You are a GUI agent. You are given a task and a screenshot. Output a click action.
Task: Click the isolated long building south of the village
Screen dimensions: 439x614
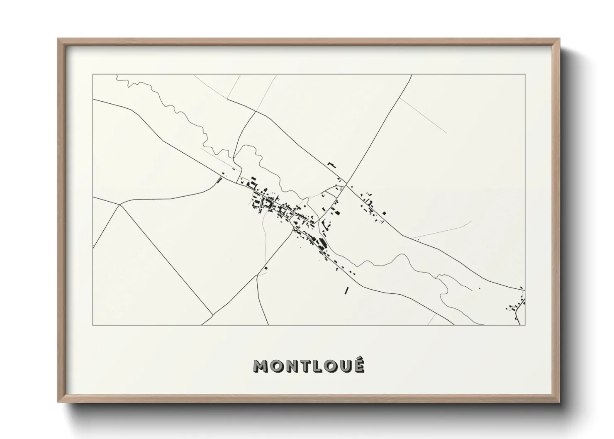(346, 290)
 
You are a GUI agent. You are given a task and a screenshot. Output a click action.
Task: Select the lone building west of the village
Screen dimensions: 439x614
(219, 180)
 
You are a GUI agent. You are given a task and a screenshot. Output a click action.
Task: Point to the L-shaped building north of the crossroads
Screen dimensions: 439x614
(331, 165)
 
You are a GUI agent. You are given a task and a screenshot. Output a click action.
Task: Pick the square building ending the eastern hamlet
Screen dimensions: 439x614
(385, 213)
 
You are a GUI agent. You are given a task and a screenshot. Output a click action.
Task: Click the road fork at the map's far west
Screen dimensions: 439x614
(119, 205)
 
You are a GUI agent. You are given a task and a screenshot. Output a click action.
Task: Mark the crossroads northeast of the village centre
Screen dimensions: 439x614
(346, 183)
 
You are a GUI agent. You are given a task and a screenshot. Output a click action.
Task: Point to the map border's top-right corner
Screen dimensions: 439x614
(525, 74)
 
